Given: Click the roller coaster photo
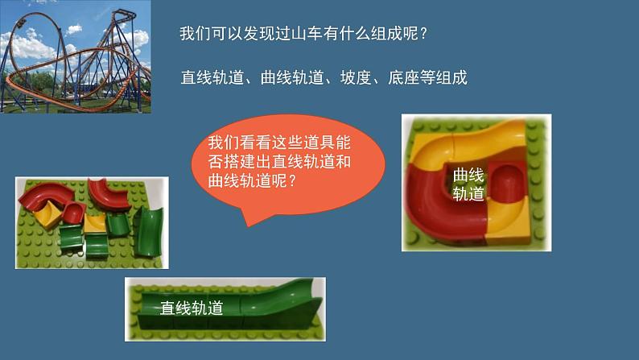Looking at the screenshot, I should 76,57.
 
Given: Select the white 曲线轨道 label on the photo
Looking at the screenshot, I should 468,184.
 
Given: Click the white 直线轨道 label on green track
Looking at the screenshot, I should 192,307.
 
